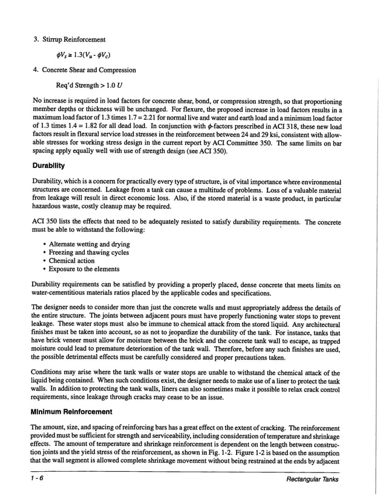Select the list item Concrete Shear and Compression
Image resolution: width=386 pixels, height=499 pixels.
click(88, 69)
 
